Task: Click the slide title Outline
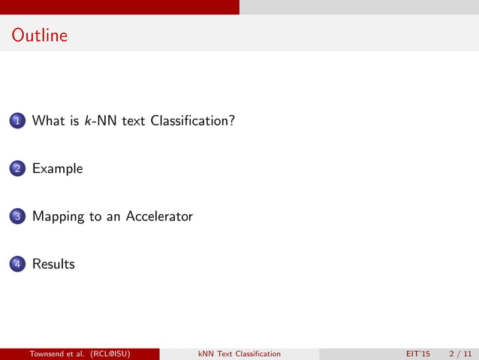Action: [x=40, y=35]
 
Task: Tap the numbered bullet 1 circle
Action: [x=17, y=121]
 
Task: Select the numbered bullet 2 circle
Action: [x=17, y=169]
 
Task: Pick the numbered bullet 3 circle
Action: [x=17, y=217]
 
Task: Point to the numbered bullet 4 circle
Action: [x=17, y=265]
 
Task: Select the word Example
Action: [x=57, y=169]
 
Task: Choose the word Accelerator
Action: [x=159, y=216]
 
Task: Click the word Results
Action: [x=53, y=265]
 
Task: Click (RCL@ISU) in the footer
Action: [x=116, y=354]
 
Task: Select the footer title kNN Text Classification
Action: [x=239, y=354]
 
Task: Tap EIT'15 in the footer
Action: [x=418, y=354]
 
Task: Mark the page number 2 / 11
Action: [x=460, y=354]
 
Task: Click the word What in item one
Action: [x=48, y=120]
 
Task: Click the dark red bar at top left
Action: [x=119, y=7]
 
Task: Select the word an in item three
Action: [x=113, y=216]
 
